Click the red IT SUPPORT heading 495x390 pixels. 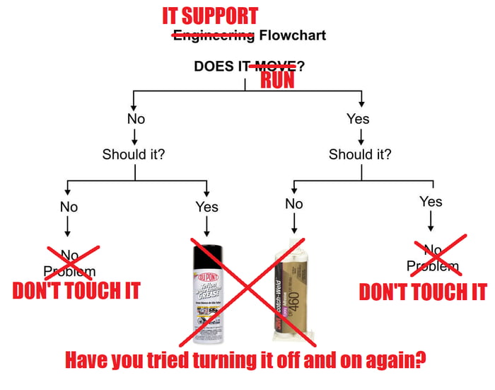point(210,16)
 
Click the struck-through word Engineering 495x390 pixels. point(214,35)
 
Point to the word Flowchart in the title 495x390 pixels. point(292,35)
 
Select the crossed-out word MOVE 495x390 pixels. point(273,67)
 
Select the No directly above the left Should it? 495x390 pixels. point(136,119)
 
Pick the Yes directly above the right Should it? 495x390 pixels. point(359,119)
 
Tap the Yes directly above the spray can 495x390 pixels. point(206,207)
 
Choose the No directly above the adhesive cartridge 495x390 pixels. point(294,204)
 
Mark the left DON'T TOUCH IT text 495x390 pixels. point(76,291)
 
